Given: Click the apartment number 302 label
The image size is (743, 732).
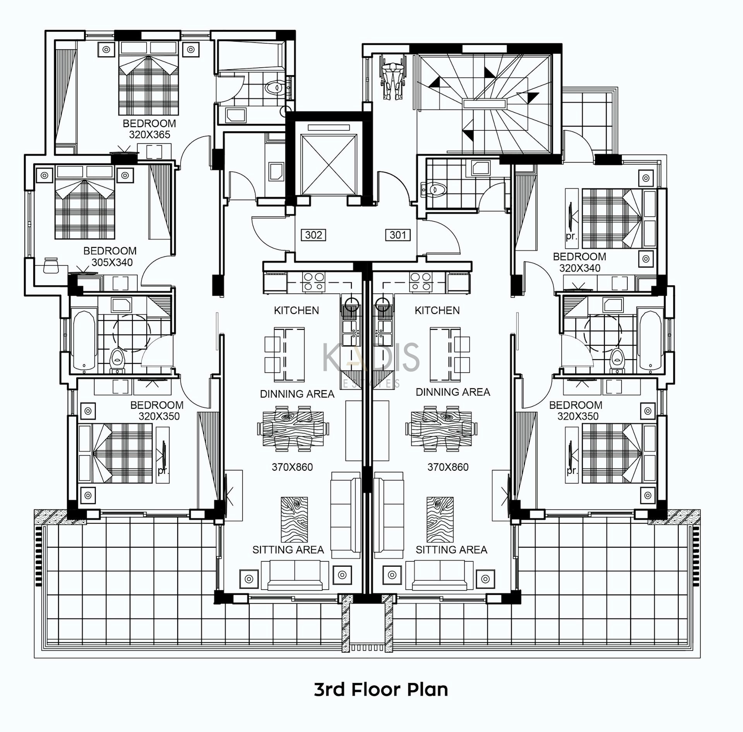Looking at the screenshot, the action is (x=313, y=235).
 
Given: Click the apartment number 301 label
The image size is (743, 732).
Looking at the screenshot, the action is (x=398, y=235).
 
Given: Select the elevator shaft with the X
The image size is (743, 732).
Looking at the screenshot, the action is (x=329, y=164).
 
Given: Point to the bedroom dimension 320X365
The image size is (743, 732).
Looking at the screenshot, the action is (x=149, y=135).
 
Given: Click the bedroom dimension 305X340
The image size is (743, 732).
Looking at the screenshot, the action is (x=112, y=262).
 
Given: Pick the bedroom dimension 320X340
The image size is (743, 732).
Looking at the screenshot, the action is (x=580, y=268).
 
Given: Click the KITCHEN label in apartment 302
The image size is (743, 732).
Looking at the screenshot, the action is (x=296, y=310).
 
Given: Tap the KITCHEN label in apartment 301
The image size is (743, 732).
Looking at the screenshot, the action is (x=437, y=310).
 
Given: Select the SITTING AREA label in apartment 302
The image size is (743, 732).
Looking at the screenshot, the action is (x=288, y=550).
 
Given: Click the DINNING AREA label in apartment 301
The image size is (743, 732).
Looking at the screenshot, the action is (x=453, y=392).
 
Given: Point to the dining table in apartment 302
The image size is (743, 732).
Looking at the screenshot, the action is (x=293, y=429).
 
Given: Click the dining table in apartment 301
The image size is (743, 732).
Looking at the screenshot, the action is (x=442, y=429).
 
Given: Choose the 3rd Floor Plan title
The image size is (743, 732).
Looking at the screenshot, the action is (x=381, y=689).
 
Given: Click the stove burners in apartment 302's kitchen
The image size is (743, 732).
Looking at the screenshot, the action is (x=313, y=281).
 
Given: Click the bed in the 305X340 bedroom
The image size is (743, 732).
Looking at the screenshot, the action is (x=85, y=202).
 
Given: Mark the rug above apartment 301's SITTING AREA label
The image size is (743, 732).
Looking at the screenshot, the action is (x=440, y=520).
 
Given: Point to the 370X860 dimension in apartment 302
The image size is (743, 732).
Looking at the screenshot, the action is (x=292, y=467).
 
